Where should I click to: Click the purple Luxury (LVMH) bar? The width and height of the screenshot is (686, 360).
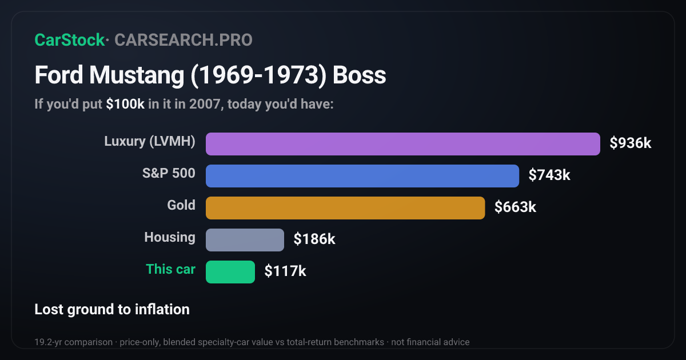point(402,144)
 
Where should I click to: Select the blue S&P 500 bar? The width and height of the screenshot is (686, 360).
point(362,176)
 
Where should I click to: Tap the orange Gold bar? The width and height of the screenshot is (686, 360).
point(345,208)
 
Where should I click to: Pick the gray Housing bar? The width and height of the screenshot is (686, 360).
point(245,240)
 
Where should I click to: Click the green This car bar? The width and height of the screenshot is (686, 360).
point(230,272)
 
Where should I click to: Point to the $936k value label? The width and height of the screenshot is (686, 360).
point(630,143)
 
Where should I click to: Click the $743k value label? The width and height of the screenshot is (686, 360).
point(549,175)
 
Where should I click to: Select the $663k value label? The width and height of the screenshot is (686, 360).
point(515,207)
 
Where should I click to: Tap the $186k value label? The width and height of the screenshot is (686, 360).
point(314,239)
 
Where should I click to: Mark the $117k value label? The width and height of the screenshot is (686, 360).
point(285,271)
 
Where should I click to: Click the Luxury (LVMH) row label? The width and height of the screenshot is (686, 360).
point(150,142)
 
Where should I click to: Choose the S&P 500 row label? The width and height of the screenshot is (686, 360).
point(169,173)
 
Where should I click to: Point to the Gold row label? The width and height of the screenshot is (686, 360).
point(181,205)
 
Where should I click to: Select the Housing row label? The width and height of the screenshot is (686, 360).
point(170,237)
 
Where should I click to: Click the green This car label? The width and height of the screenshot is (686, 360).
point(170,269)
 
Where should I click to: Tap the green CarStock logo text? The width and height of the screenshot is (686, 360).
point(70,40)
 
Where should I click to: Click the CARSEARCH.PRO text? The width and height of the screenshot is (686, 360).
point(184,40)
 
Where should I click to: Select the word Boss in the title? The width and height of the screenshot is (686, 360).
point(359,75)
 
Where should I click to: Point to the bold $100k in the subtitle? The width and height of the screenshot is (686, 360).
point(125,104)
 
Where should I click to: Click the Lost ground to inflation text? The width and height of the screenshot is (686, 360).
point(112,310)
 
